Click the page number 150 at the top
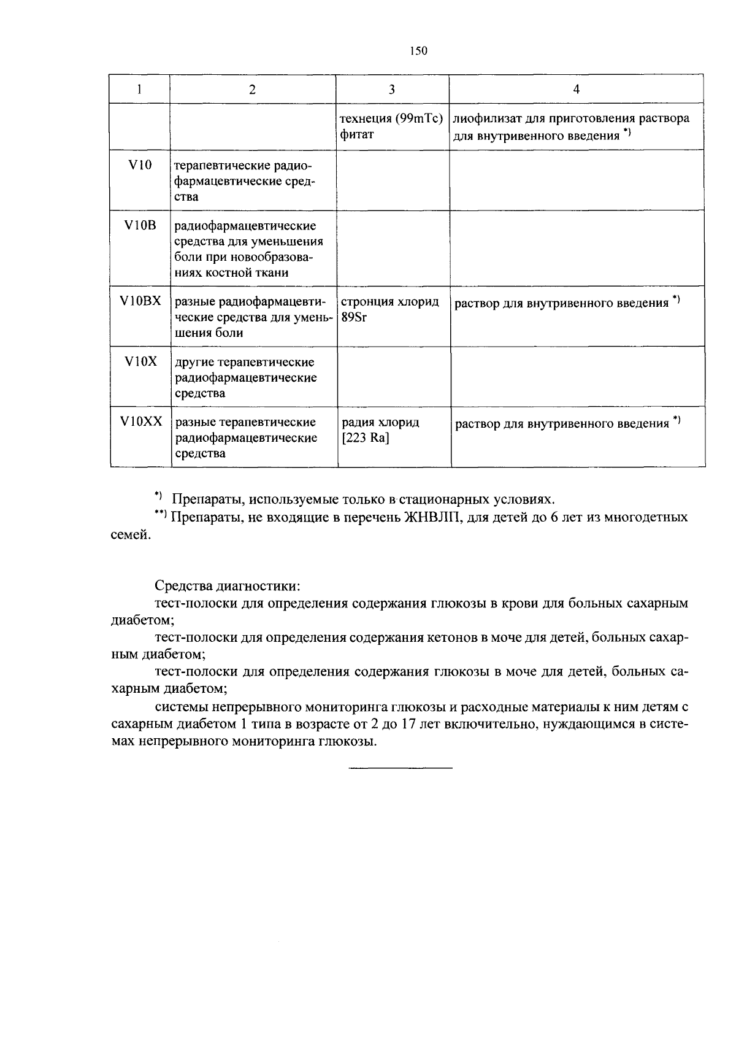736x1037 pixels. [x=418, y=51]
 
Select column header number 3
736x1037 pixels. [x=392, y=90]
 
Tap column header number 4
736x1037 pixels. [x=576, y=90]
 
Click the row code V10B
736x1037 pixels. [x=140, y=226]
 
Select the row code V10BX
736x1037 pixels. [x=140, y=301]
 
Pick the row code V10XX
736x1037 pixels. [x=141, y=422]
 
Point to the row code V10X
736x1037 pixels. [x=140, y=361]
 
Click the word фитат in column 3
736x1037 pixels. [x=357, y=134]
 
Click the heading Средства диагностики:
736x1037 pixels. [x=227, y=585]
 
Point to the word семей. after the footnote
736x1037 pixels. [x=130, y=535]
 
